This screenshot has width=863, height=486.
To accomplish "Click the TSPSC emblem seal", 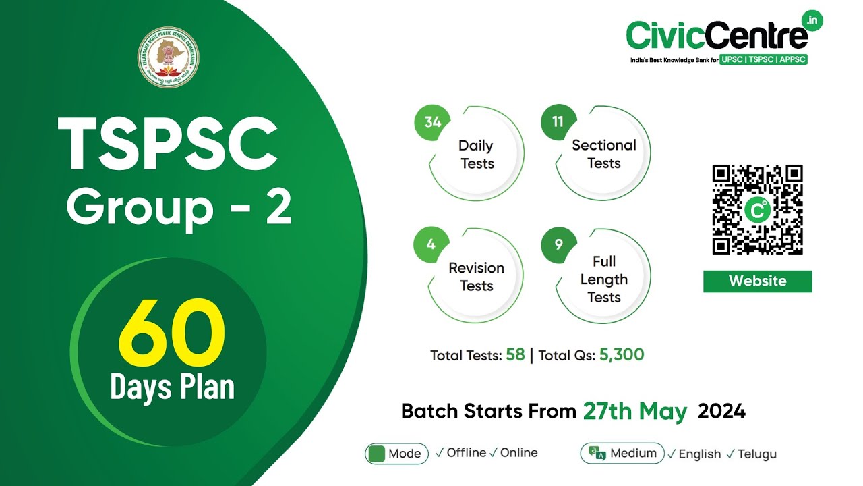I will [x=169, y=57].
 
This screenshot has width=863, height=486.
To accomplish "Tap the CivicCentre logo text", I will [x=717, y=34].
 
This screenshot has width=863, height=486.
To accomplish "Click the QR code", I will [x=757, y=210].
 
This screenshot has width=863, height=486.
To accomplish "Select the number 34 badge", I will [x=432, y=122].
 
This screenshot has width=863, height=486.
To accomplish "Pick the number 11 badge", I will [x=558, y=122].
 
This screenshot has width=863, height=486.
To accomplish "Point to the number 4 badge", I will [x=431, y=244].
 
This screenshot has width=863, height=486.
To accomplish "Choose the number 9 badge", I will [x=559, y=244].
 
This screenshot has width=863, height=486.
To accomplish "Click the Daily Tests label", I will [x=476, y=155].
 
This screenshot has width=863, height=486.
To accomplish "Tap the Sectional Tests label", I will [x=603, y=154].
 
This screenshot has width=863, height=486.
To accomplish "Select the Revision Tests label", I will [x=476, y=277].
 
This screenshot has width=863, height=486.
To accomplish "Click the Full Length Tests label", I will [x=603, y=279].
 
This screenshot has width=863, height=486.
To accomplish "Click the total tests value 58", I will [x=515, y=354].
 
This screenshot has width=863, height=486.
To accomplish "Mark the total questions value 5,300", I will [x=621, y=354].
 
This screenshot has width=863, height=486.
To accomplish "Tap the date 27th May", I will [x=635, y=411].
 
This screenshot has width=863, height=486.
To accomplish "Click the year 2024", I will [x=721, y=411].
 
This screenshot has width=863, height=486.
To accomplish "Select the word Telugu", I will [x=756, y=454].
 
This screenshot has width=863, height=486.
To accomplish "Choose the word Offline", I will [x=466, y=453].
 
